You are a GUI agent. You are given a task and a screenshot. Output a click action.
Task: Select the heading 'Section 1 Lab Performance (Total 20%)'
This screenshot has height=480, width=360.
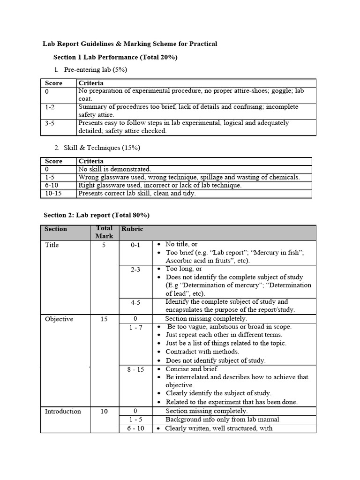click(115, 57)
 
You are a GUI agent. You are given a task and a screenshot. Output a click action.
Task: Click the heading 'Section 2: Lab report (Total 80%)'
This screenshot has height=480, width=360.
click(96, 215)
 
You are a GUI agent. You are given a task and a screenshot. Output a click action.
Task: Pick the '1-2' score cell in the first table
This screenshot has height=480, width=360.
click(50, 107)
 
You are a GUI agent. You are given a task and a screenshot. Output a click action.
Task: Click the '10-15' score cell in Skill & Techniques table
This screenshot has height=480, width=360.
click(53, 193)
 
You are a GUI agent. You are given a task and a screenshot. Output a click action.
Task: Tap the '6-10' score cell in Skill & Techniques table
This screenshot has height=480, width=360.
click(52, 185)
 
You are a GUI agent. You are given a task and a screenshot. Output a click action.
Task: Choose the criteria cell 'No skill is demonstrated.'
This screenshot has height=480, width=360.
click(115, 169)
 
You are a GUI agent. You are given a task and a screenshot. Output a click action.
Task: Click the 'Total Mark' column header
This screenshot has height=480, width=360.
click(104, 232)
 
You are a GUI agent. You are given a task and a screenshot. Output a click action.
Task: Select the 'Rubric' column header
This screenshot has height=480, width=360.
click(132, 229)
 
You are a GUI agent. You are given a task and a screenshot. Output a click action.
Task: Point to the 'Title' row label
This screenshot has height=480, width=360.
click(52, 245)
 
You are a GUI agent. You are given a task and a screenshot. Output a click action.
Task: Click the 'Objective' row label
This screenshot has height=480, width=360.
click(59, 319)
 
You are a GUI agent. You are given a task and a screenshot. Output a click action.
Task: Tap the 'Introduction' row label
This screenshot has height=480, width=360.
click(63, 412)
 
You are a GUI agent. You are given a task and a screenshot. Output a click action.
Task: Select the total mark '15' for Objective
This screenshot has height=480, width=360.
click(104, 319)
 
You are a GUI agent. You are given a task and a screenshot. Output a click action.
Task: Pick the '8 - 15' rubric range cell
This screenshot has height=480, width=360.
click(135, 369)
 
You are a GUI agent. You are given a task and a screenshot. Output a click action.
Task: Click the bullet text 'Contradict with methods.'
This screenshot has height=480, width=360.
click(202, 352)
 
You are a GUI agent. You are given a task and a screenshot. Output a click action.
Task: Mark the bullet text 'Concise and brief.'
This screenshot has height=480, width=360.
click(192, 369)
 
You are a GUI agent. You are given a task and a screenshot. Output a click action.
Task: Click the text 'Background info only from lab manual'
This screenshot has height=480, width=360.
click(222, 420)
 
